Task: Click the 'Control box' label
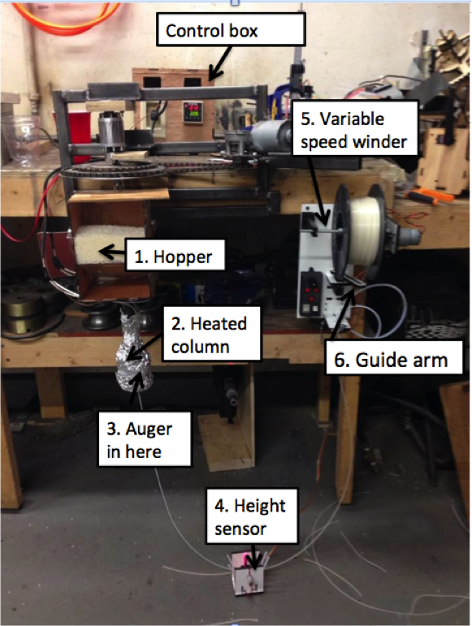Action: click(231, 28)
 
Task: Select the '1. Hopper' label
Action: click(175, 255)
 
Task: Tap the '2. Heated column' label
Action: click(212, 334)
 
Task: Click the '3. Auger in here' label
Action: click(145, 438)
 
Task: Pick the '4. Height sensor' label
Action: click(252, 516)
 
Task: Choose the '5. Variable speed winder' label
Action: click(355, 127)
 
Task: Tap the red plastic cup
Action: click(80, 135)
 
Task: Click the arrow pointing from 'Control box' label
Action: click(220, 62)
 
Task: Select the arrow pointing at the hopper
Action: click(112, 253)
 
